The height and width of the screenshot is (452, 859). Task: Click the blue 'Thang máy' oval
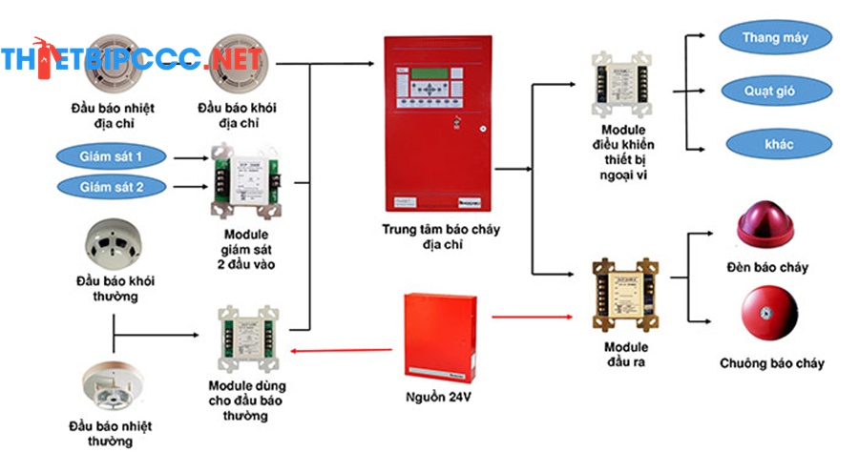click(x=775, y=39)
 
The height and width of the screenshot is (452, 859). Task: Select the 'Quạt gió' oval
click(x=776, y=92)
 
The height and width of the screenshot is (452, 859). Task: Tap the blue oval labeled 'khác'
click(x=774, y=145)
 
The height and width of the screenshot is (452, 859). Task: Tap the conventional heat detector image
click(x=111, y=385)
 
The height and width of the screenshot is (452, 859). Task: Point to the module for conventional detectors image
click(x=247, y=338)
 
